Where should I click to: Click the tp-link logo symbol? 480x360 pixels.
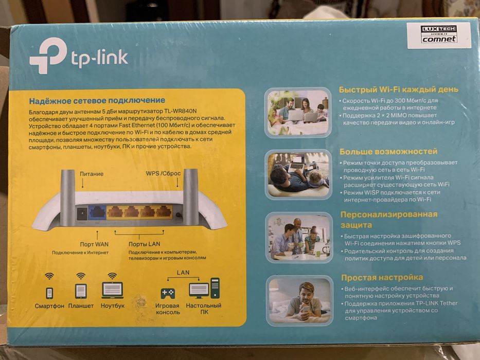pos(47,56)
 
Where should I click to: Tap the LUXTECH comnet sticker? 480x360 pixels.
pos(438,35)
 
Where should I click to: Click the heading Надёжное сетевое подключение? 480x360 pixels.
pos(97,100)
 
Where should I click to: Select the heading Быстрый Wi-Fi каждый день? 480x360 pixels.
pos(398,89)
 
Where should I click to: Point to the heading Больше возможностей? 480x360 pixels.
pos(388,152)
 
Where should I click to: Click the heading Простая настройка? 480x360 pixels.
pos(382,277)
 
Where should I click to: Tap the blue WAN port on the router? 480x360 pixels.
pos(97,212)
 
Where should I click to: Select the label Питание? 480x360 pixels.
pos(92,174)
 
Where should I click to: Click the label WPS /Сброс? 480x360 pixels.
pos(163,174)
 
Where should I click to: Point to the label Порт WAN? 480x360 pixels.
pos(94,244)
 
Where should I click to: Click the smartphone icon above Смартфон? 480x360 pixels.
pos(49,292)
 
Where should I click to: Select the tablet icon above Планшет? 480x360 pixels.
pos(81,291)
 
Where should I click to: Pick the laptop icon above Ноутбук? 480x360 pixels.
pos(112,290)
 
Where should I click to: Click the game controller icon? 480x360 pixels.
pos(168,293)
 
